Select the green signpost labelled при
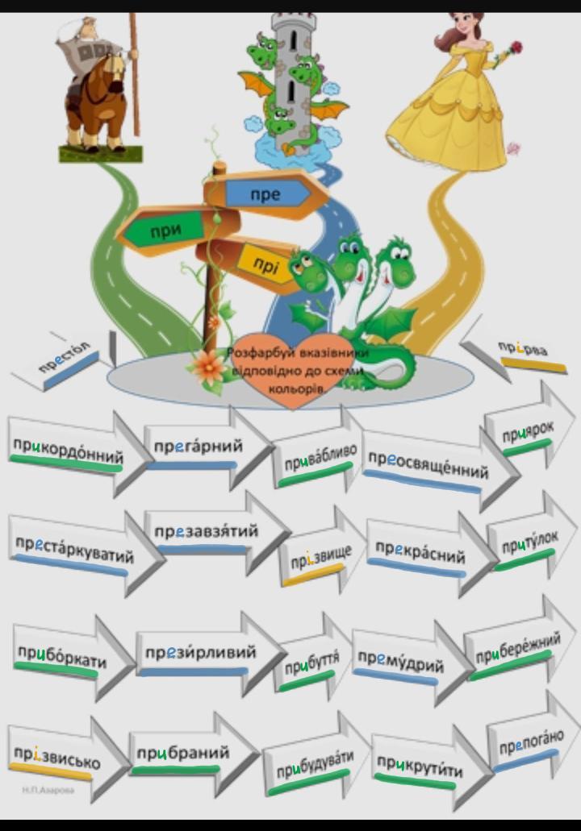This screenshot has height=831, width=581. point(165,231)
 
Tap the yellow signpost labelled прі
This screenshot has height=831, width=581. point(265,263)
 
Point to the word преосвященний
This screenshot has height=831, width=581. point(428,463)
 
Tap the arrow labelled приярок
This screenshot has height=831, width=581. point(528,434)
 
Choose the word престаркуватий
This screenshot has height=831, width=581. point(74,551)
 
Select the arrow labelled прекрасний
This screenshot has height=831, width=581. point(420,555)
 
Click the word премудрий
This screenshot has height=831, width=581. point(401,662)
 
